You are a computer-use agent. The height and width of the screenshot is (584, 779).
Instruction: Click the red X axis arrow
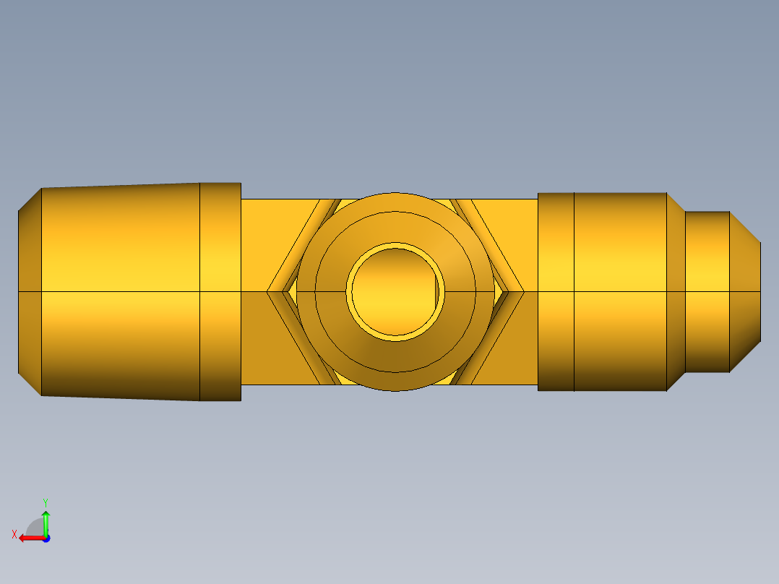click(32, 538)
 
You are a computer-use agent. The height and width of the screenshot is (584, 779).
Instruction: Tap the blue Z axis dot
click(46, 538)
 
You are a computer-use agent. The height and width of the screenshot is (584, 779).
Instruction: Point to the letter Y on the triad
click(46, 502)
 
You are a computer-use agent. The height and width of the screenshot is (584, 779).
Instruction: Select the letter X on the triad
click(14, 534)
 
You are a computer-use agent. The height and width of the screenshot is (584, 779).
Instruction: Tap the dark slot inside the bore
click(437, 292)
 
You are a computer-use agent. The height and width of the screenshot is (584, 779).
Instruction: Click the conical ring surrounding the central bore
click(395, 357)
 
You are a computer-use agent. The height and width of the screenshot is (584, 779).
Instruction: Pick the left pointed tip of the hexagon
click(267, 292)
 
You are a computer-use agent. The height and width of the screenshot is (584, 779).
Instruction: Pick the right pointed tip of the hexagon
click(524, 292)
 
